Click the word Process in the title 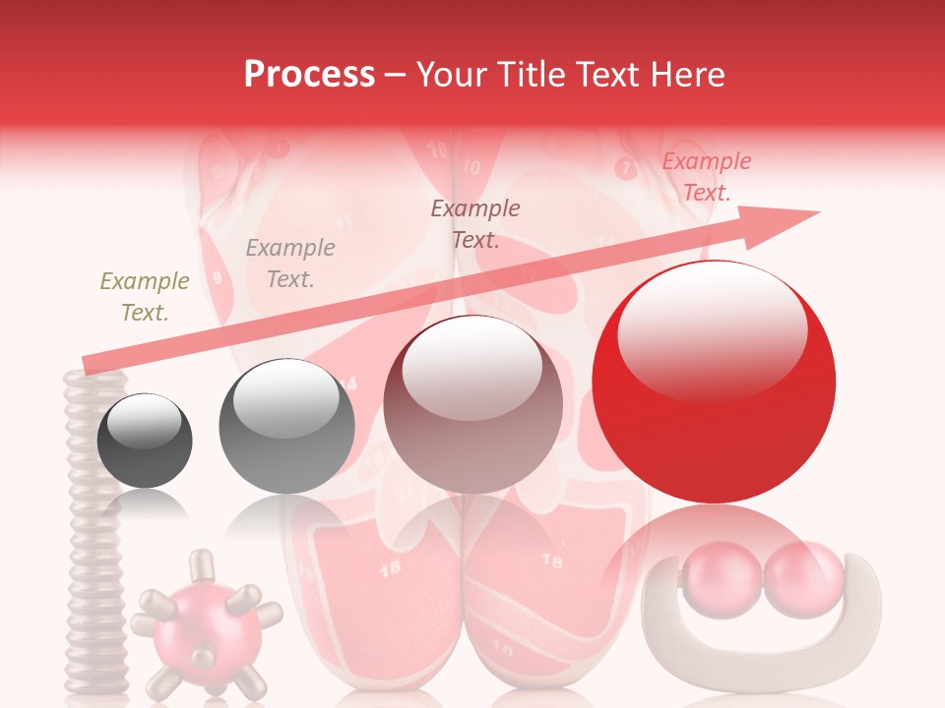(x=309, y=74)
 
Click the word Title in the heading (x=531, y=74)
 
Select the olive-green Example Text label (x=145, y=297)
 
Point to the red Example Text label (x=706, y=177)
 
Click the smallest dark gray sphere (x=145, y=441)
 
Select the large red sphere (x=714, y=383)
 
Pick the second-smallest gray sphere (x=286, y=427)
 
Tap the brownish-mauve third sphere (x=473, y=403)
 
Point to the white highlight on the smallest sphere (x=144, y=423)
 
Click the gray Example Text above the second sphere (x=290, y=264)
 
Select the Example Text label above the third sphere (x=475, y=224)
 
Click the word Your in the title (x=448, y=74)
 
